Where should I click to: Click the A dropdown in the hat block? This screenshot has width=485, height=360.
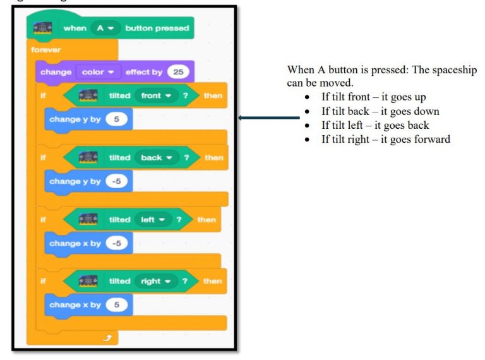(x=105, y=28)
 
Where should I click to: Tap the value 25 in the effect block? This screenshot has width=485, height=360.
(x=178, y=71)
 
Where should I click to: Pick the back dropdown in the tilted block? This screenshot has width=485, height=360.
(x=155, y=157)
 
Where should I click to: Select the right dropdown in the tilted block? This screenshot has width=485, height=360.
(x=155, y=281)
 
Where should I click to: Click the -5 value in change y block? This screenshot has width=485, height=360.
(x=116, y=181)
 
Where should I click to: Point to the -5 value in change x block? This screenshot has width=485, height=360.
(x=116, y=243)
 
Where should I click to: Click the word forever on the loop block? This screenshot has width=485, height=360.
(x=44, y=49)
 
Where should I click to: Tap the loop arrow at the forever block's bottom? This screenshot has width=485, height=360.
(x=108, y=339)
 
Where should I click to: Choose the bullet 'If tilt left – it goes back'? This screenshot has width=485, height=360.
(x=375, y=125)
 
